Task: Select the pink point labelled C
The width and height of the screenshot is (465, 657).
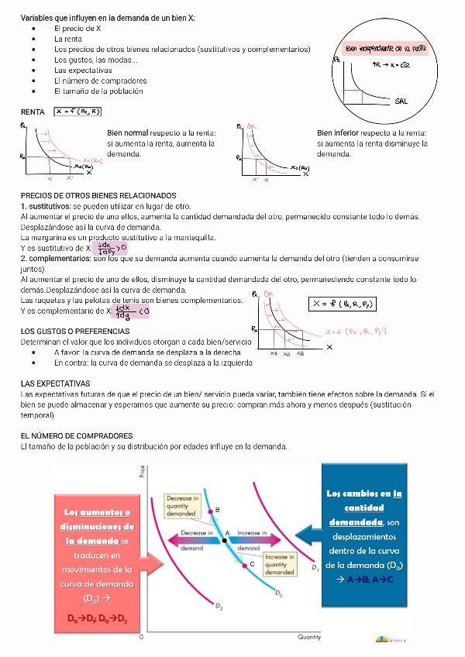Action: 243,565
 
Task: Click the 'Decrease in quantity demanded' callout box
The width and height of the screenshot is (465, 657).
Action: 182,505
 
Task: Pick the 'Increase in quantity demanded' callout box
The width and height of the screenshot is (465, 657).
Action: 279,564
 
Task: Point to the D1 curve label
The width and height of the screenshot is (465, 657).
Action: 315,569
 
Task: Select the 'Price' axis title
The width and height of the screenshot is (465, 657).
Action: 143,470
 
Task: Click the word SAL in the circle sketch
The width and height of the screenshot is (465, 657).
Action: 401,101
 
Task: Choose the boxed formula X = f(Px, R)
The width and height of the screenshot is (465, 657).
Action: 78,112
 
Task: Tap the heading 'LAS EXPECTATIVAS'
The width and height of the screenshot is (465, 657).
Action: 55,384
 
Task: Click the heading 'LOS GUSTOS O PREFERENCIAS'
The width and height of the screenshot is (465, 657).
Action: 74,331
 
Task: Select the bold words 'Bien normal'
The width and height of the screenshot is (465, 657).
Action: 128,133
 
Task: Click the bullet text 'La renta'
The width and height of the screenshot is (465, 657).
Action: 68,38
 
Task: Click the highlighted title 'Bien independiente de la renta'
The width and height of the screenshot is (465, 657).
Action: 385,48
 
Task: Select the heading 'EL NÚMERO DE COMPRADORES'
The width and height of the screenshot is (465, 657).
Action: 76,436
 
